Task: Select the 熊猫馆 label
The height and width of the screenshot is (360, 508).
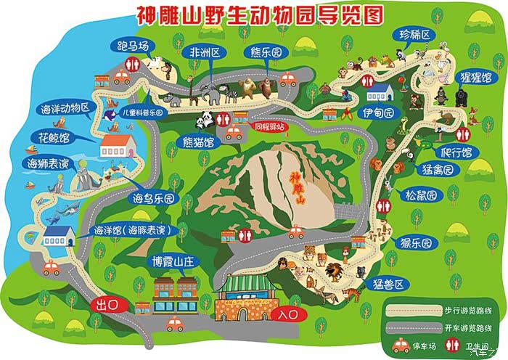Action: [x=198, y=142]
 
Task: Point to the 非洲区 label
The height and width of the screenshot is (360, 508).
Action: [x=205, y=52]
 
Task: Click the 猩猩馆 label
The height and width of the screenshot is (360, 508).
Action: [x=476, y=77]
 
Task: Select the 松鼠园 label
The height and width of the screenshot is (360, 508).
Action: [x=422, y=195]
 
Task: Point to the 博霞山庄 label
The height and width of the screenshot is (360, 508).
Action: [x=170, y=261]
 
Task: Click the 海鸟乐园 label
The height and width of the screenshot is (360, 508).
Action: [x=154, y=197]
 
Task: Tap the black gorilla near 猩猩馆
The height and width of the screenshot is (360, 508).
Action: [x=441, y=95]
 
